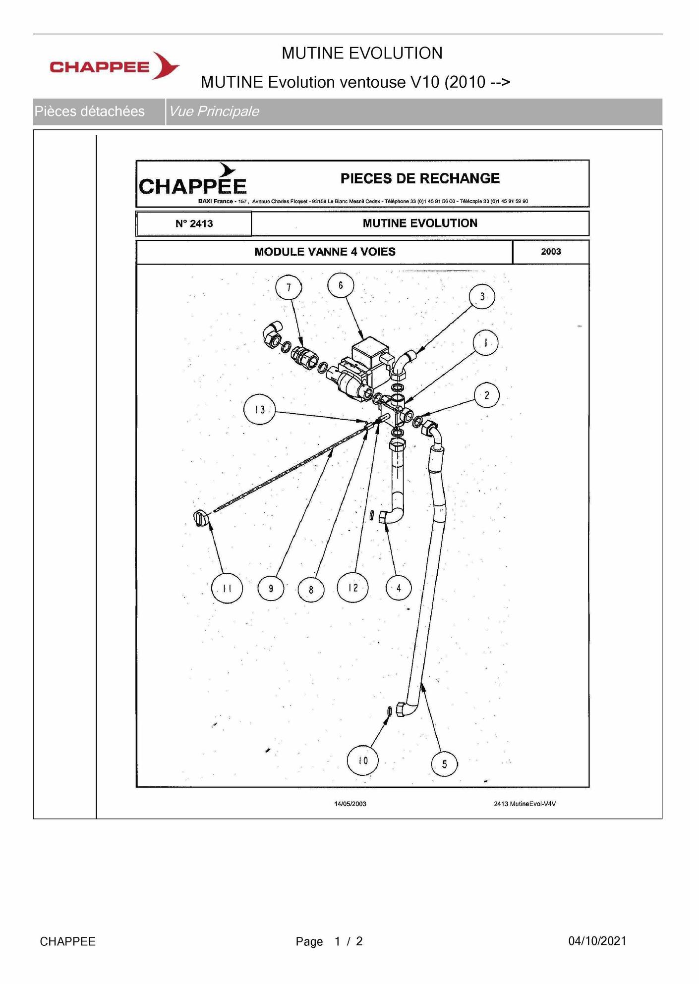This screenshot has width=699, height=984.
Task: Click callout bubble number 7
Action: pyautogui.click(x=289, y=287)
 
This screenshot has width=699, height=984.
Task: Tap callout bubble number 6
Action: pyautogui.click(x=341, y=285)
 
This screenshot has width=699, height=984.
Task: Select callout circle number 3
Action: pyautogui.click(x=482, y=296)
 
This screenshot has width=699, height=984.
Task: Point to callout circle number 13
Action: pyautogui.click(x=259, y=410)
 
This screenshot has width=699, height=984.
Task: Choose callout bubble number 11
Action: pyautogui.click(x=227, y=588)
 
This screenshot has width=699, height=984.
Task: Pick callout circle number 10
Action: pyautogui.click(x=363, y=760)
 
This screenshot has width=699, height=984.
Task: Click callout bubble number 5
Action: pyautogui.click(x=444, y=764)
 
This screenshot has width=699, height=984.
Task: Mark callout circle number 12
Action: pyautogui.click(x=352, y=587)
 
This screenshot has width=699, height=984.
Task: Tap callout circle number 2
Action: pyautogui.click(x=486, y=395)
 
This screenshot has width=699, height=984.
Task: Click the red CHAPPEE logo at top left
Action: pyautogui.click(x=115, y=66)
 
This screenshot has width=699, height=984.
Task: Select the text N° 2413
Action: pyautogui.click(x=194, y=223)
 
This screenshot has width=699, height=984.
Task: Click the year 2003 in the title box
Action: pyautogui.click(x=551, y=251)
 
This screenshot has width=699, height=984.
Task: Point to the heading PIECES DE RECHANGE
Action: pyautogui.click(x=420, y=178)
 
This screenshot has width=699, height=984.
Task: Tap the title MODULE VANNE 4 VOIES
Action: pyautogui.click(x=325, y=252)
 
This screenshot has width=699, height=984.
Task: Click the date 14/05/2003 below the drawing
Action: pyautogui.click(x=350, y=804)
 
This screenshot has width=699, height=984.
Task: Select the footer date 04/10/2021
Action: pyautogui.click(x=597, y=941)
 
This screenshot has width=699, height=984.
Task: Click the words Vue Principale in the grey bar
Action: pyautogui.click(x=214, y=111)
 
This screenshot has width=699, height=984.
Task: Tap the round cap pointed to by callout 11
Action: pyautogui.click(x=200, y=518)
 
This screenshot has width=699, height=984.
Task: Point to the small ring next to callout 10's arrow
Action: pyautogui.click(x=390, y=711)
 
